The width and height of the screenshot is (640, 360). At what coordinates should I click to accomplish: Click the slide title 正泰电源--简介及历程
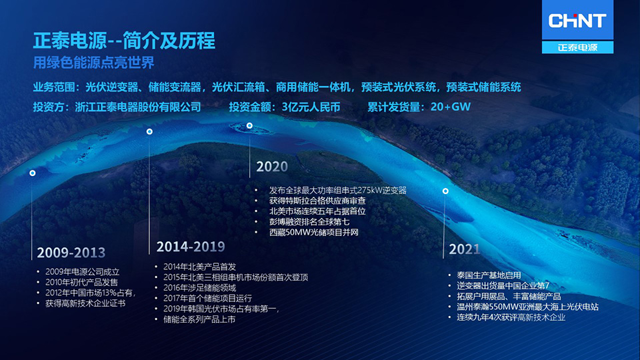coord(124,41)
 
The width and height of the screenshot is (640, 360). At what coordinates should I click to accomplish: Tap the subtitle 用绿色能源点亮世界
coord(94,63)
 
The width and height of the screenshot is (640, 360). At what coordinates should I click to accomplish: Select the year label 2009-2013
coord(71,253)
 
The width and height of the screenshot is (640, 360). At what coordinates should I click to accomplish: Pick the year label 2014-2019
coord(191,247)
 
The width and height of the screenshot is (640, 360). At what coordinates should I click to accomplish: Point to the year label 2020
coord(272,167)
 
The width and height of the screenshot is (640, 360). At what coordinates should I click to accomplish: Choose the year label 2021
coord(465,249)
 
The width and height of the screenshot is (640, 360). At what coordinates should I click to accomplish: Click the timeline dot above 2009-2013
coord(32,173)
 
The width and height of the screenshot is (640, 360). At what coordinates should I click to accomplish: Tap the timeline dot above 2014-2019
coord(149,131)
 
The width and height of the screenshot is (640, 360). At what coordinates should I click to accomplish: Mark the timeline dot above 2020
coord(249,125)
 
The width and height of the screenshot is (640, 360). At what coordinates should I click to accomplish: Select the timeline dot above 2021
coord(445,191)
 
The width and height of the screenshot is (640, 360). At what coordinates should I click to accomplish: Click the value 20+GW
coord(451,107)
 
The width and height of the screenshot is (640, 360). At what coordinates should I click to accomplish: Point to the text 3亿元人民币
coord(311,107)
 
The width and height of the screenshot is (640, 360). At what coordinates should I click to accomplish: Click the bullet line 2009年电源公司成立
coord(83,272)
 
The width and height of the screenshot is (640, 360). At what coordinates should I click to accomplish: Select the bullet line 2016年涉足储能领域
coord(199,288)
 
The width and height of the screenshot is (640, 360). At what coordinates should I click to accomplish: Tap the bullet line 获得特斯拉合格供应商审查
coord(317,201)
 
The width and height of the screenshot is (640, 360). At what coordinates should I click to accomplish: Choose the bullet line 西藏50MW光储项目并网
coord(314,232)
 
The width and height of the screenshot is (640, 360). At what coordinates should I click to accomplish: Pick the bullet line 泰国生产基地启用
coord(489,275)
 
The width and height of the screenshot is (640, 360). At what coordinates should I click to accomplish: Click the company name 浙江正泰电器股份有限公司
coord(138,107)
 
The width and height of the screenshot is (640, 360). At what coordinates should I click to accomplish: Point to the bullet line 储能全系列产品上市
coord(199,319)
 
